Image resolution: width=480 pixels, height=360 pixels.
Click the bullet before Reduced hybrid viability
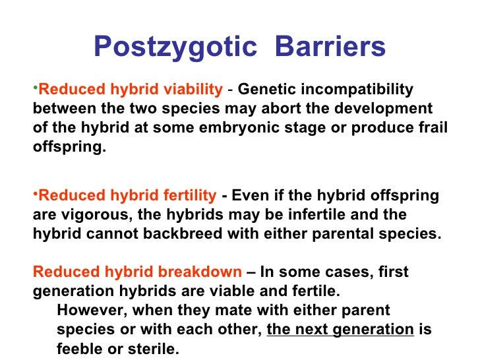(x=36, y=88)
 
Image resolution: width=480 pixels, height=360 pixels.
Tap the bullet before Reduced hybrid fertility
(x=36, y=194)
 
